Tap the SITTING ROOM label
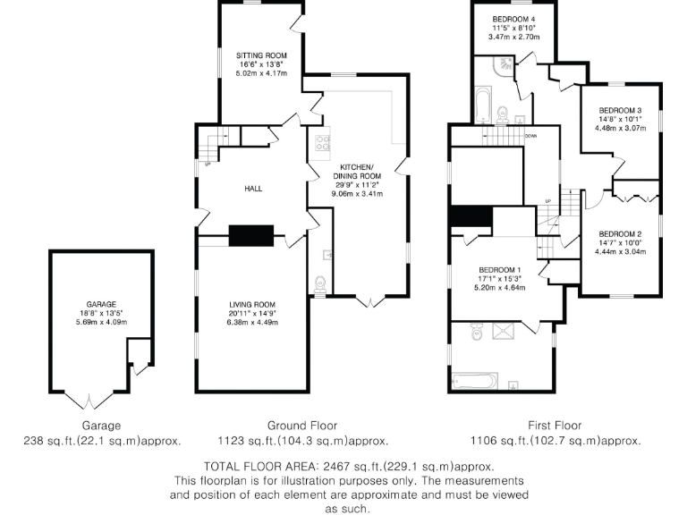pyautogui.click(x=262, y=55)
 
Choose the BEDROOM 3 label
pyautogui.click(x=620, y=110)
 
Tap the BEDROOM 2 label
pyautogui.click(x=620, y=233)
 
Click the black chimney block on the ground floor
pyautogui.click(x=252, y=234)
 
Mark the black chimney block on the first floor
pyautogui.click(x=471, y=217)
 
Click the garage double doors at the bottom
pyautogui.click(x=89, y=397)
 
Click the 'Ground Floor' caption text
pyautogui.click(x=302, y=426)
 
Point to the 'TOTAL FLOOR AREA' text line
pyautogui.click(x=349, y=467)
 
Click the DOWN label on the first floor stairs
pyautogui.click(x=530, y=136)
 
